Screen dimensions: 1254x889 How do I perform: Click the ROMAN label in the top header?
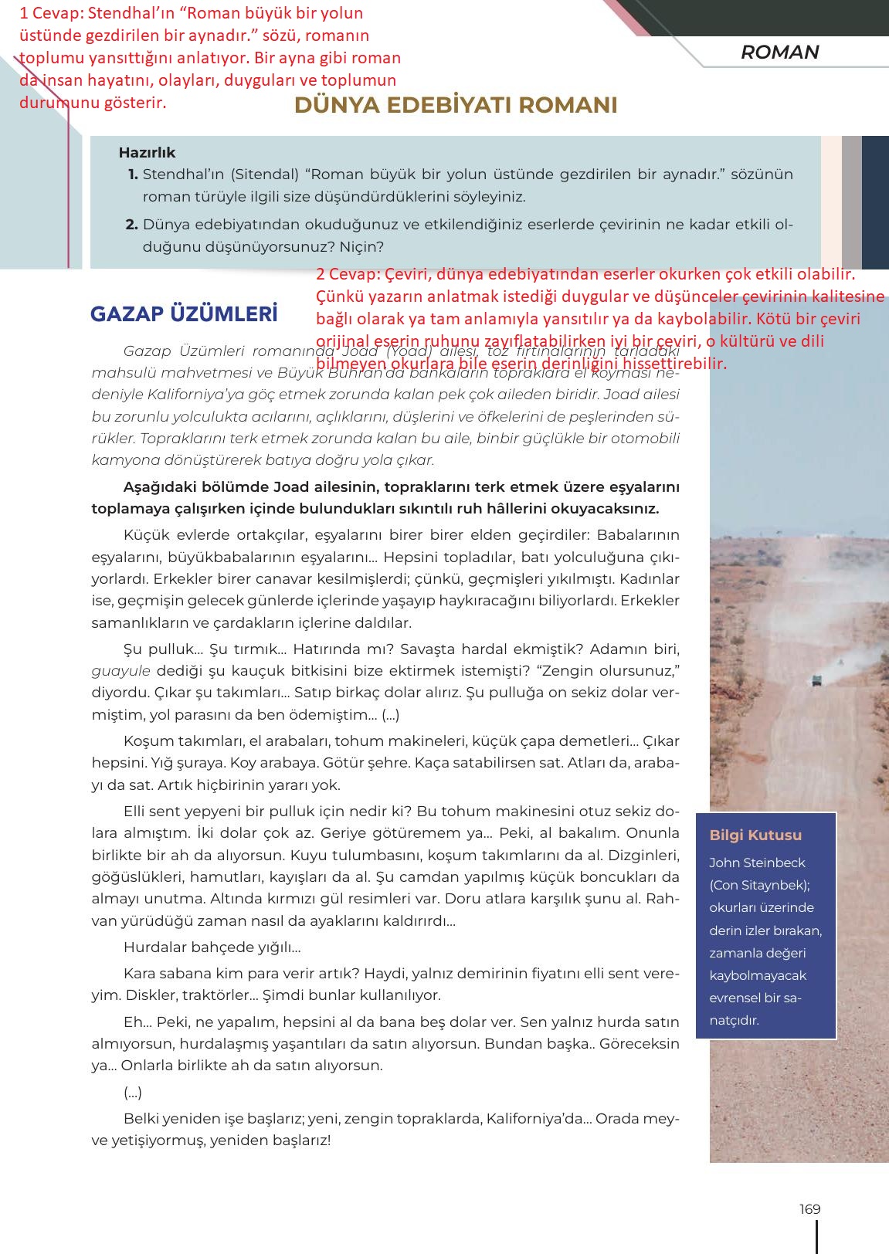click(779, 53)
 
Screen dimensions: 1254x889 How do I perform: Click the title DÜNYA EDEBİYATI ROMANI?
click(456, 106)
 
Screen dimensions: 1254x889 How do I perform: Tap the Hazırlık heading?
click(147, 153)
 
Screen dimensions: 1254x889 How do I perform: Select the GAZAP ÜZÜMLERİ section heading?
click(184, 314)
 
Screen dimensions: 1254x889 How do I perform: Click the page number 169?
click(809, 1209)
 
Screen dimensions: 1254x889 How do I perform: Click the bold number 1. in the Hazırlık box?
click(133, 175)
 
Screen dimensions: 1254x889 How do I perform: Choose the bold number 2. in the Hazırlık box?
click(131, 225)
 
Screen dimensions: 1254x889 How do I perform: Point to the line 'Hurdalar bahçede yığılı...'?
click(212, 947)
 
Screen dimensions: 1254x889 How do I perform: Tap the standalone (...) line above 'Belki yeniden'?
click(132, 1093)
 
